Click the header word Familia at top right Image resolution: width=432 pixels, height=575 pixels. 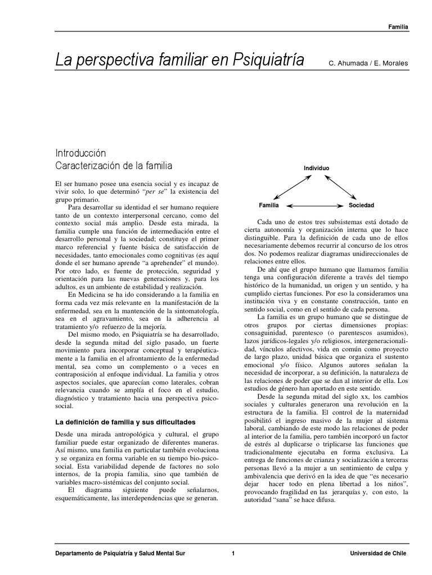click(x=398, y=26)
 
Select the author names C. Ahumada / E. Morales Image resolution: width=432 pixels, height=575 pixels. click(x=368, y=62)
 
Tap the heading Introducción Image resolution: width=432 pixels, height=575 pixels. click(x=80, y=153)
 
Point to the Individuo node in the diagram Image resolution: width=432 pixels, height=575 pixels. click(x=317, y=168)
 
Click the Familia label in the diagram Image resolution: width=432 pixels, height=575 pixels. click(x=269, y=206)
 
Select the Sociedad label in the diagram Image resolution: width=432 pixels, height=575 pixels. click(x=361, y=206)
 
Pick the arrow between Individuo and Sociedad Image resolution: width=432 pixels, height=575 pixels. click(x=341, y=187)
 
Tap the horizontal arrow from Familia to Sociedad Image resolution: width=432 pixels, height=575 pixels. click(x=315, y=206)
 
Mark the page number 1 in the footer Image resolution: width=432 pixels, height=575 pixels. click(x=233, y=554)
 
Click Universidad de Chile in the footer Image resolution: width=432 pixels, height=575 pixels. click(x=378, y=554)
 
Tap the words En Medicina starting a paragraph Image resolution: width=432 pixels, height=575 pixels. click(x=85, y=294)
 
